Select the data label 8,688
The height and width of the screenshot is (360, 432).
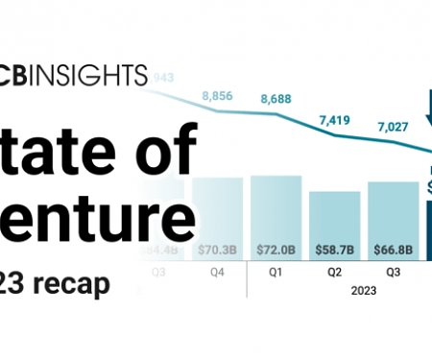(276, 99)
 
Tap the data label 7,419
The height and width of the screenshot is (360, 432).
(334, 122)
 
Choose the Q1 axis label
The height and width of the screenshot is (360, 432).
(276, 272)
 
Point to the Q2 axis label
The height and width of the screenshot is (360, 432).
(334, 272)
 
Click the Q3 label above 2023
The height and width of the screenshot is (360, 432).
(392, 272)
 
